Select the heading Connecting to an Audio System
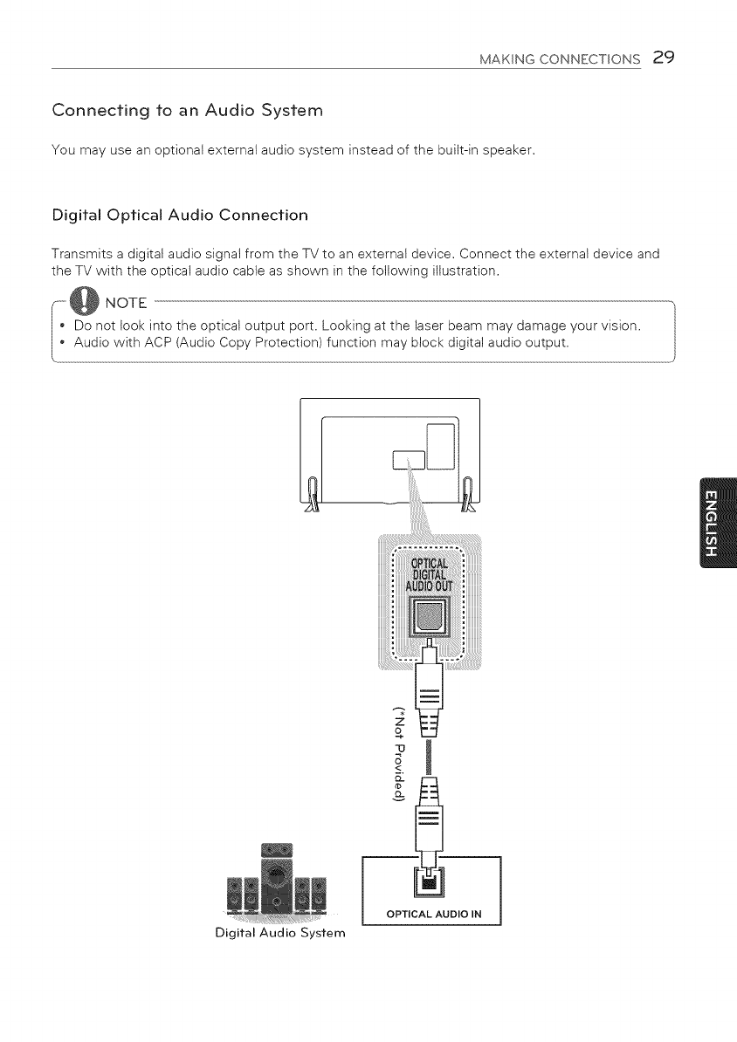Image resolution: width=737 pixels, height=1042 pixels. coord(188,111)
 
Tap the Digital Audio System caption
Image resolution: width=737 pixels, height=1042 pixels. coord(268,934)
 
